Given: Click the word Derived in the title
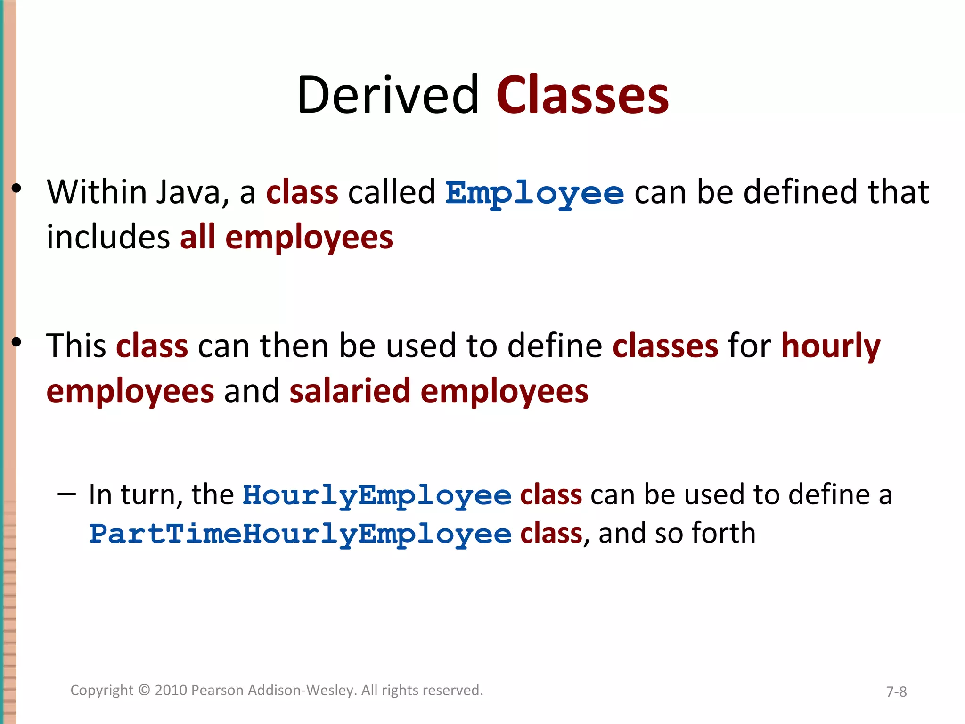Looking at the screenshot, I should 388,95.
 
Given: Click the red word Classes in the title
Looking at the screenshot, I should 582,95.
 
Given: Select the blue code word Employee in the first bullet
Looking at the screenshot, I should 535,193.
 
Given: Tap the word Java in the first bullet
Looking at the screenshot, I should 188,192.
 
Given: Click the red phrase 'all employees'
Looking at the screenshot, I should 286,237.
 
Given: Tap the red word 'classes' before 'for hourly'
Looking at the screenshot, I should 665,346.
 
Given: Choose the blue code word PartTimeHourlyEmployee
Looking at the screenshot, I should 301,535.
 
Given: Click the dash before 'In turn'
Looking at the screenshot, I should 66,494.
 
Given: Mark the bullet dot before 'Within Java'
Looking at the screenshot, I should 17,189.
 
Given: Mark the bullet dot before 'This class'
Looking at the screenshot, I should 17,342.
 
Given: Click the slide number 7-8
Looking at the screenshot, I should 896,691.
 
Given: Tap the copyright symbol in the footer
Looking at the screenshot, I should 144,690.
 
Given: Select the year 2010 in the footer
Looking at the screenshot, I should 171,690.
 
